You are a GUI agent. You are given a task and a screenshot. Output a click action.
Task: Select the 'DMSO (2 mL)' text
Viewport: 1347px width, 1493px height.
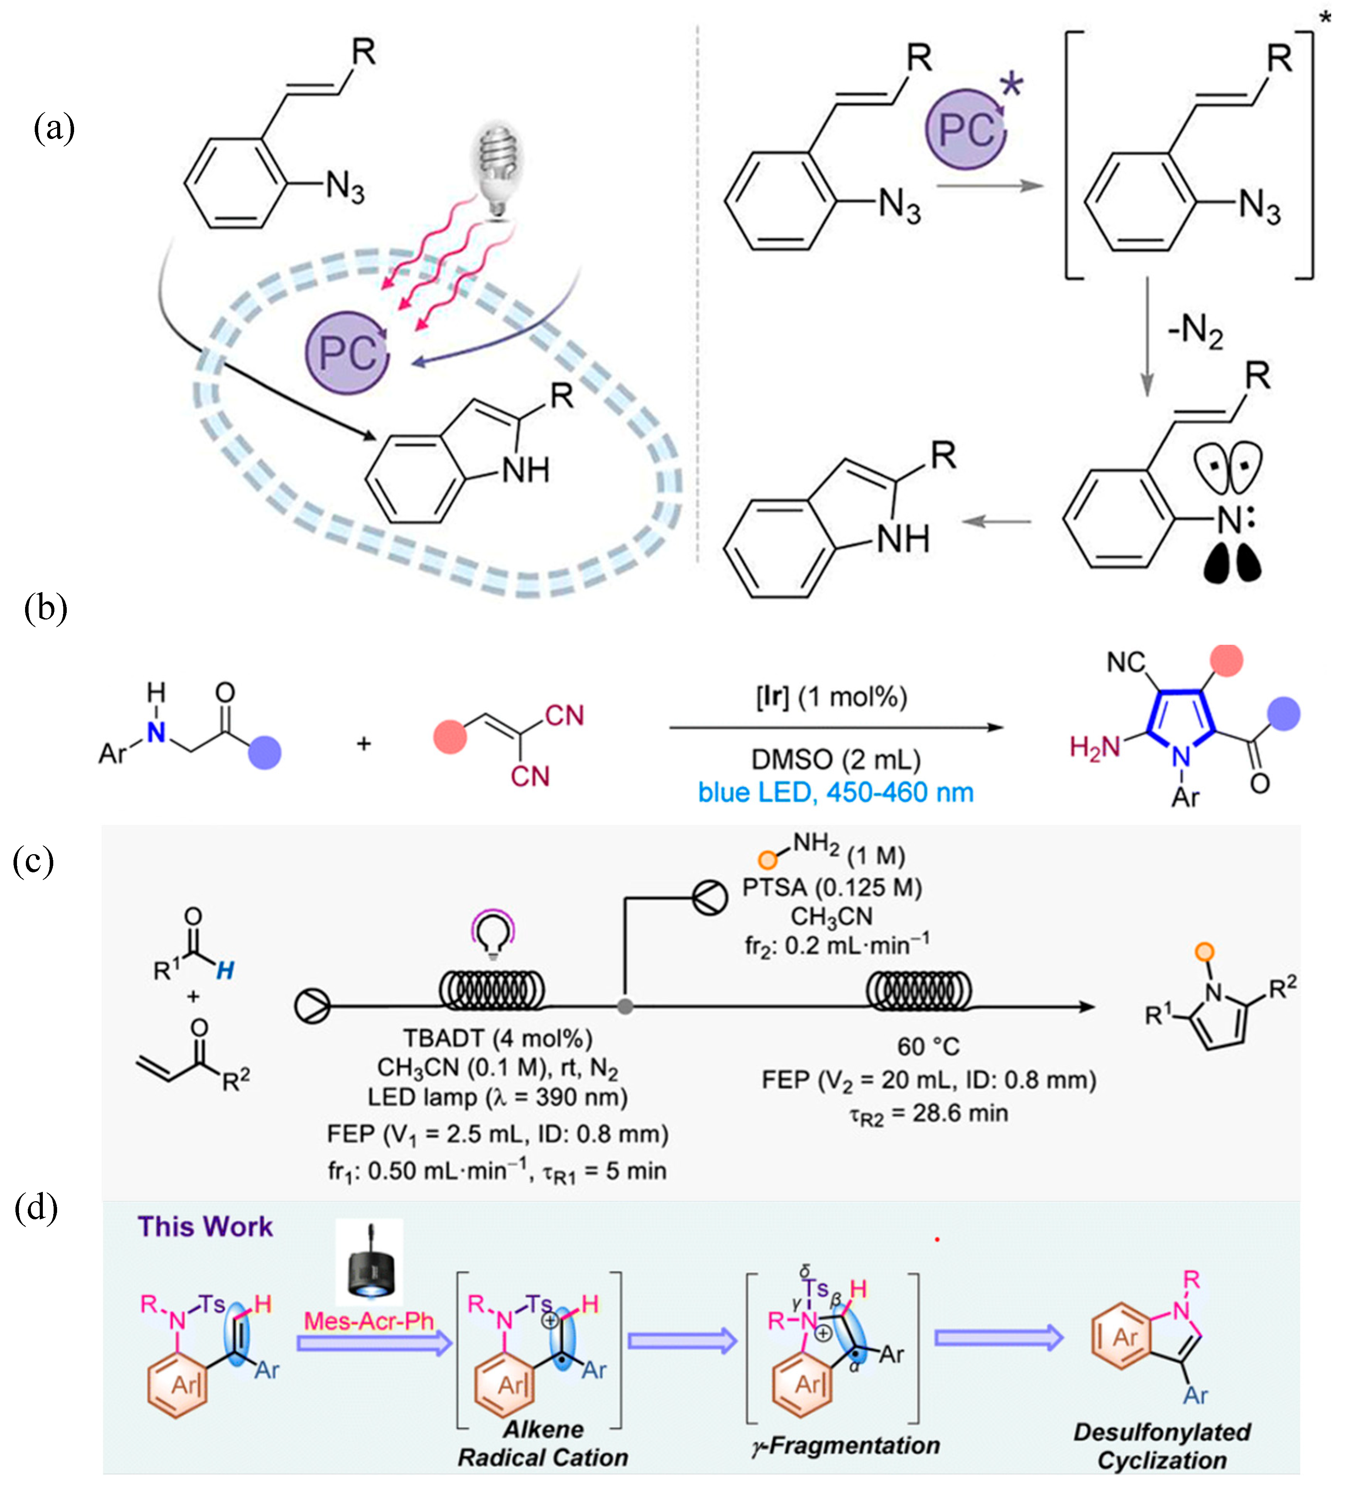(836, 760)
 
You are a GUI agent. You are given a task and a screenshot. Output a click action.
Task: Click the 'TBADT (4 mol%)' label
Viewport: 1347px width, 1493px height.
(497, 1039)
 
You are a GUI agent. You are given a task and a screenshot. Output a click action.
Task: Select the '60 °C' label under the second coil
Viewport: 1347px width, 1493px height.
(928, 1047)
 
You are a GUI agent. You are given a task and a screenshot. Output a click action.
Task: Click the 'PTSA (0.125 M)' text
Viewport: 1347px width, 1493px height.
(832, 887)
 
